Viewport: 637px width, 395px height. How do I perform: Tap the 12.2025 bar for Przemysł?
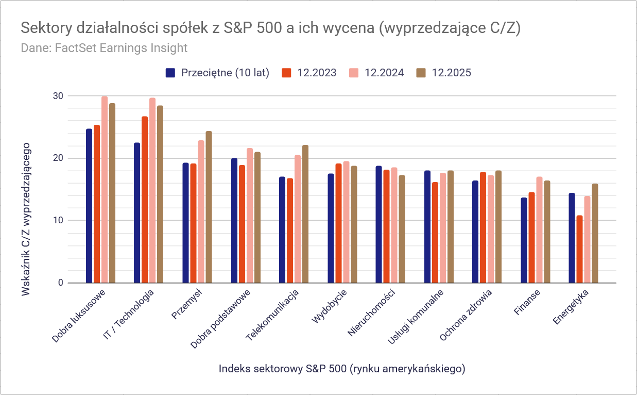pos(209,207)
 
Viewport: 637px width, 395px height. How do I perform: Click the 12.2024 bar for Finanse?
pos(539,229)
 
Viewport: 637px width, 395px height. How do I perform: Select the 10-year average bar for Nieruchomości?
pos(378,224)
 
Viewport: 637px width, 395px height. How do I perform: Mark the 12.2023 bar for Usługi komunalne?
pos(435,233)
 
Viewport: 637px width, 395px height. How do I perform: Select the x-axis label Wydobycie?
pos(330,307)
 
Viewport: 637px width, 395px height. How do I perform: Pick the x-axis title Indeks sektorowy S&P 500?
pos(342,369)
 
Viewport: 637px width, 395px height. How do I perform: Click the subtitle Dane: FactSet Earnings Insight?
pos(104,48)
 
